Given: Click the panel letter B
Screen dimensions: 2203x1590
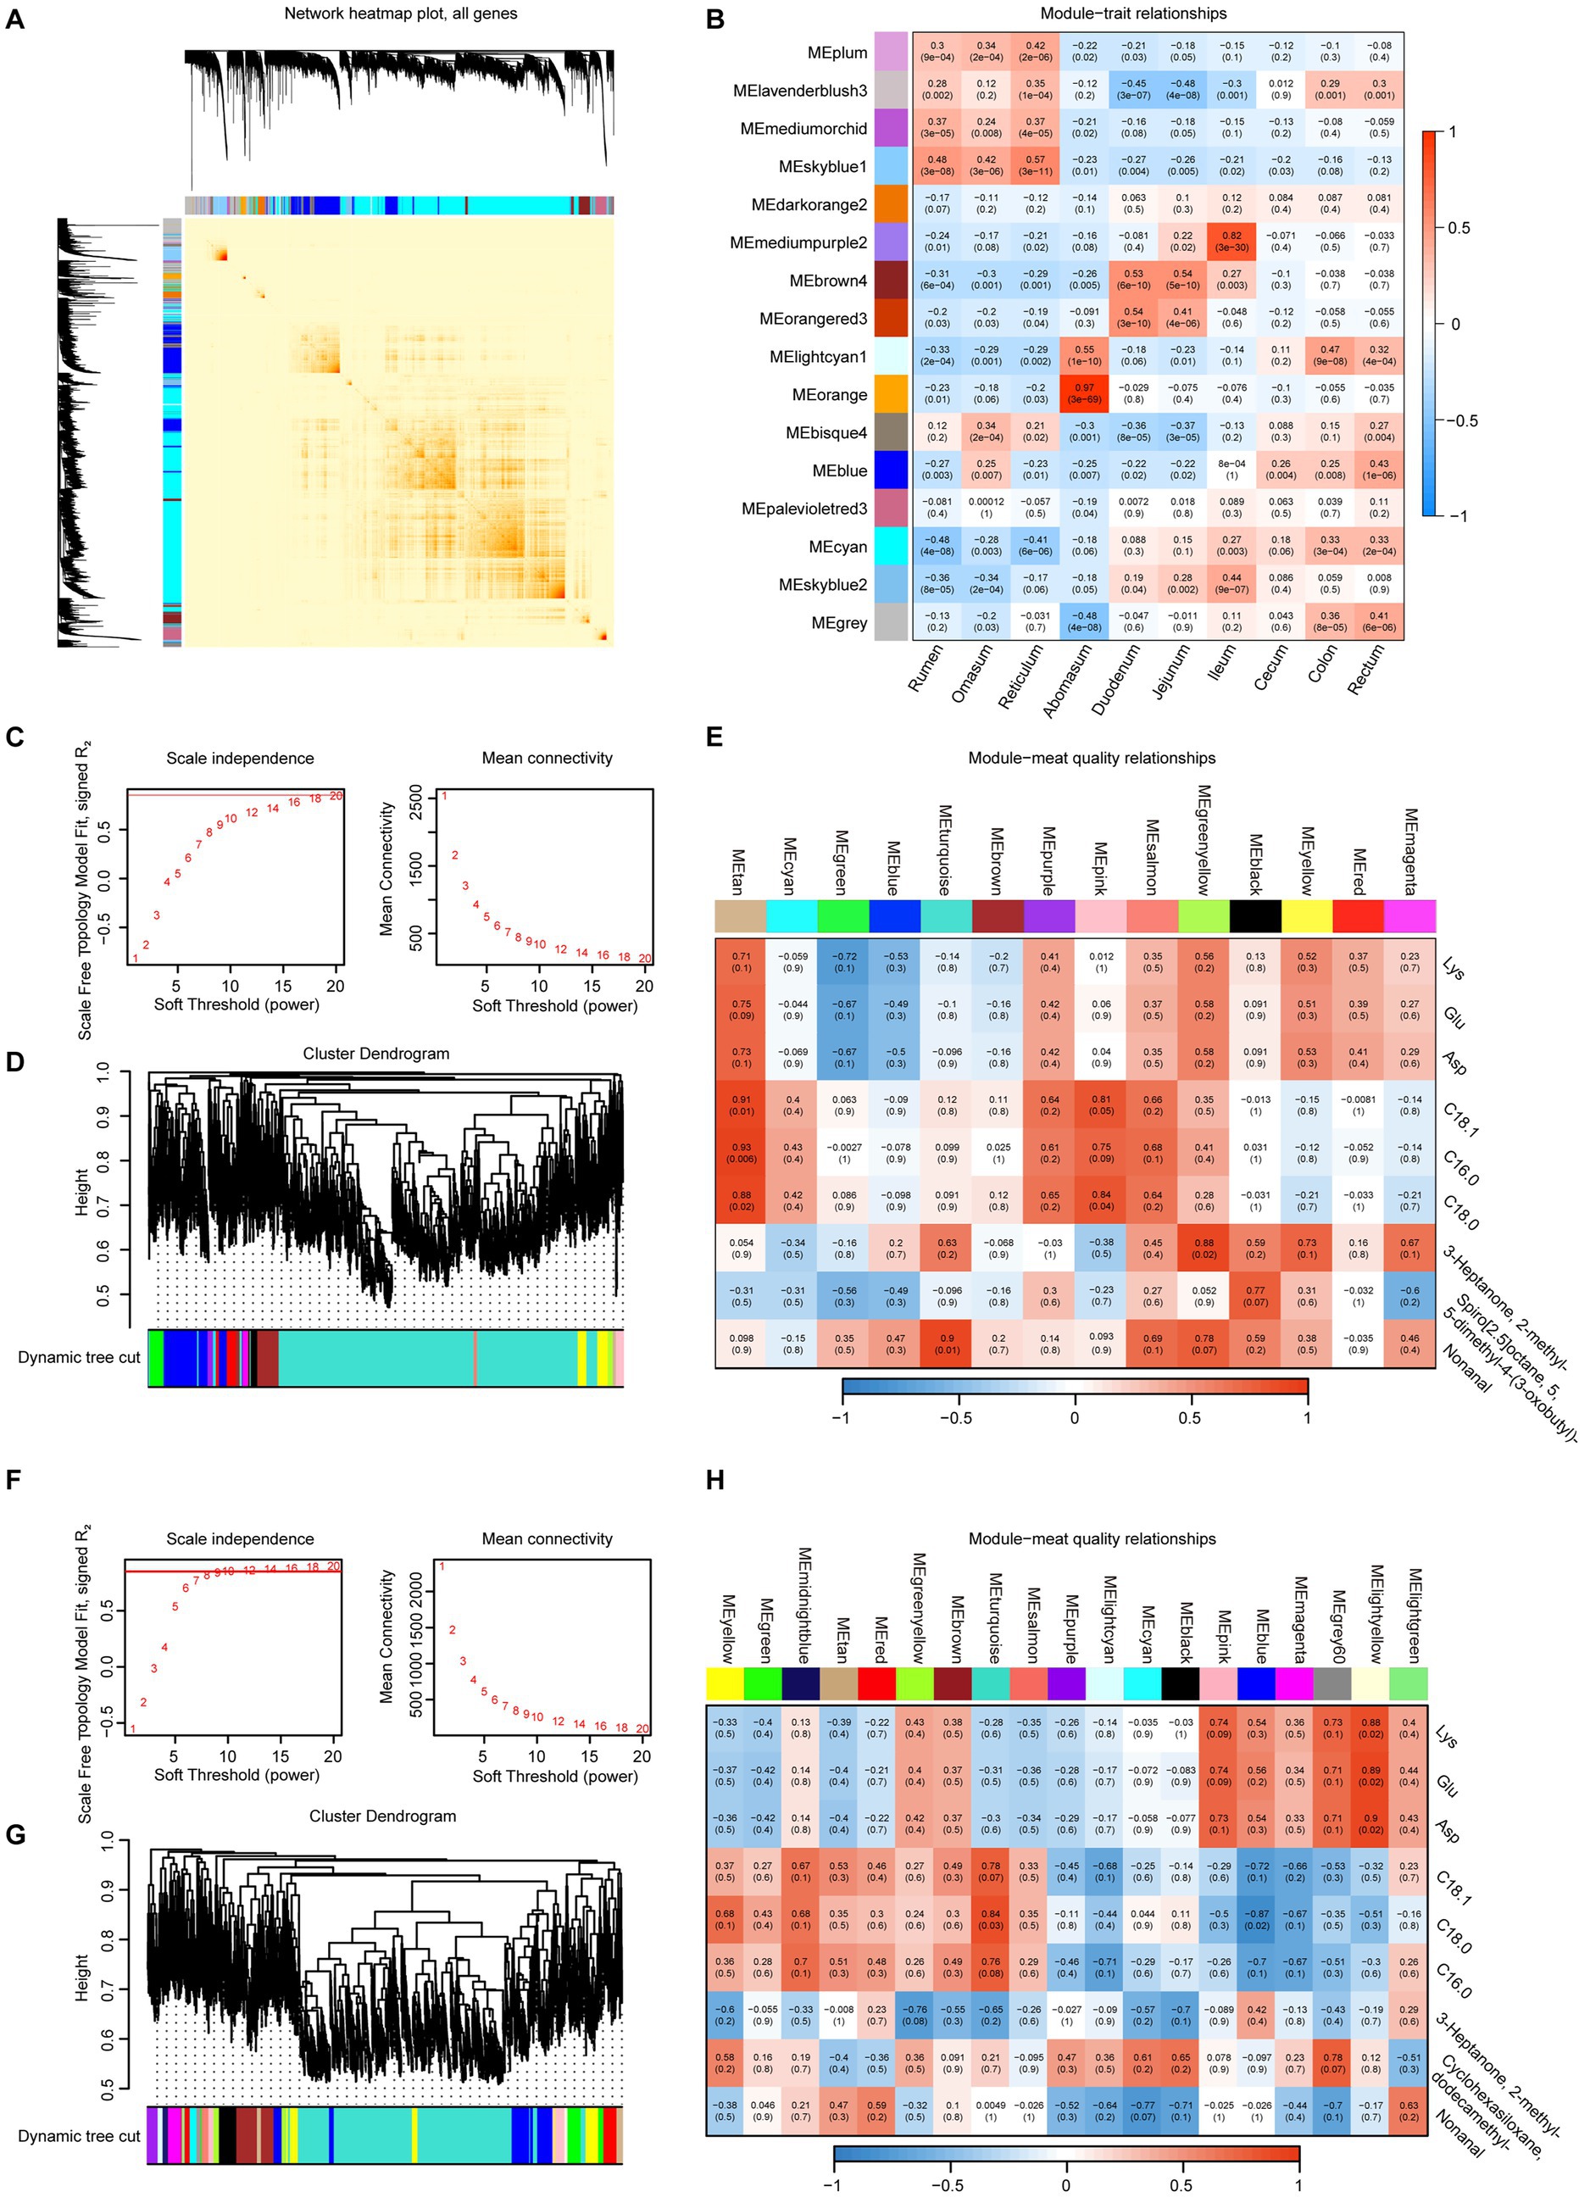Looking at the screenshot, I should tap(714, 19).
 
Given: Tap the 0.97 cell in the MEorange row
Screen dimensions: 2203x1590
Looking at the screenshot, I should tap(1084, 393).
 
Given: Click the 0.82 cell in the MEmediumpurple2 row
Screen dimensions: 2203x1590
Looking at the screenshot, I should tap(1231, 242).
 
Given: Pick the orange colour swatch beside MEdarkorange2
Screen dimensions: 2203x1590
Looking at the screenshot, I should tap(891, 204).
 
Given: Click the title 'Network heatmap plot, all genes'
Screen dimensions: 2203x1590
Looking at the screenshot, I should tap(400, 14).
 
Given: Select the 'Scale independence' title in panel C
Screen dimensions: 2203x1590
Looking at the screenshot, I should tap(240, 758).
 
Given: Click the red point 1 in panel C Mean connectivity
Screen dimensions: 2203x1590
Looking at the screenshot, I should tap(445, 797).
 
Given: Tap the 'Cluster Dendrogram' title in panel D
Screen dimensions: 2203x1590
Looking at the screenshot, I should tap(376, 1053).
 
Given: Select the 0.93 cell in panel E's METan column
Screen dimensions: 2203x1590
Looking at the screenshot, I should tap(741, 1153).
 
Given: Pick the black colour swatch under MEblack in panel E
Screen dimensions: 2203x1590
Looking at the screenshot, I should tap(1255, 916).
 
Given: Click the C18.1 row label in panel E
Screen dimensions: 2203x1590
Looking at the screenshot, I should tap(1459, 1118).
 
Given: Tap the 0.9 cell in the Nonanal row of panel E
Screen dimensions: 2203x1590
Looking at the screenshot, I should tap(946, 1344).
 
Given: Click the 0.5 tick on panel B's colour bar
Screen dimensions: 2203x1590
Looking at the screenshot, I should tap(1458, 228).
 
